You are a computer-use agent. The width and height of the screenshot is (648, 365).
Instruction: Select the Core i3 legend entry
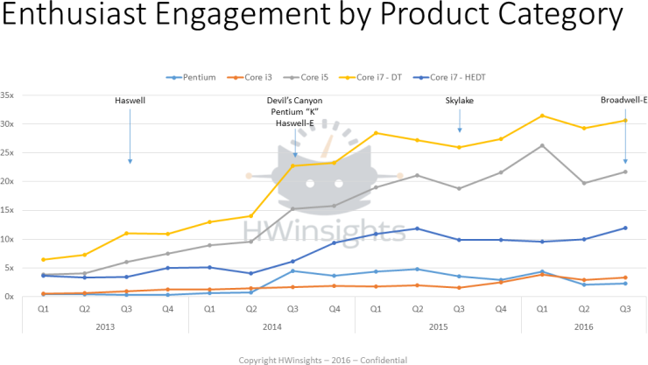(254, 77)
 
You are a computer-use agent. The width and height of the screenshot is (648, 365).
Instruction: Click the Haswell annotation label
(130, 101)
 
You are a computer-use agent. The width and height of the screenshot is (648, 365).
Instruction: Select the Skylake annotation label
(460, 101)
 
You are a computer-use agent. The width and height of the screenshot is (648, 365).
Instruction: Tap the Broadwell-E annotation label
(623, 101)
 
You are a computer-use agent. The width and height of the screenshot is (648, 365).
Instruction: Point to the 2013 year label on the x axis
(104, 326)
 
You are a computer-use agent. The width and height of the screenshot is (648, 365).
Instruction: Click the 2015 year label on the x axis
(438, 326)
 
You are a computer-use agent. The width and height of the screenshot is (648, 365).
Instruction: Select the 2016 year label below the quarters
(583, 326)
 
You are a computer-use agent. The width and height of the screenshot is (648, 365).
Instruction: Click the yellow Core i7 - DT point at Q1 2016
(543, 116)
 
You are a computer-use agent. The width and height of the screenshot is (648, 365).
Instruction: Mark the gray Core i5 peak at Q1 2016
(543, 145)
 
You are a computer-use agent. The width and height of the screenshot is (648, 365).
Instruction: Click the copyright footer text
(323, 359)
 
